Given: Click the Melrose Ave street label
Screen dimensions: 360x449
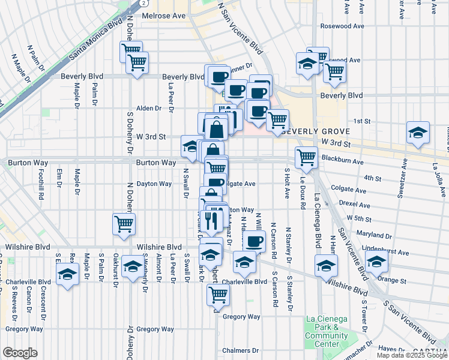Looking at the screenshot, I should tap(164, 16).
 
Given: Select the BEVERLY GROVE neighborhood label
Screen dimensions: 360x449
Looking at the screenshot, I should tap(307, 131).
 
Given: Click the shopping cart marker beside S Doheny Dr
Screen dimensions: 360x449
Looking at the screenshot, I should tap(124, 224).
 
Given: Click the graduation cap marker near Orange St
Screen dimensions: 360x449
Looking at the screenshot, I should tap(376, 262).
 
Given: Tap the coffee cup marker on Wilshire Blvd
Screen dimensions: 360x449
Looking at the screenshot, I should tap(255, 241).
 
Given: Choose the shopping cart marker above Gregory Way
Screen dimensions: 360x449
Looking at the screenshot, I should tap(218, 294).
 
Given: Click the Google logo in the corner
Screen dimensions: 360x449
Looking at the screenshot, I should tap(20, 353).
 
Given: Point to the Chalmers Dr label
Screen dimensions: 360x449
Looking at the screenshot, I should tap(240, 350).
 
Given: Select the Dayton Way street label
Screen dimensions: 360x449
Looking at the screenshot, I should tap(154, 184).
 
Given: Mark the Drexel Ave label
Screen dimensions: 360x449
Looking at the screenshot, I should tap(354, 203).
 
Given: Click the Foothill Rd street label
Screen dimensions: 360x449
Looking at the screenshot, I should tap(41, 185).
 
